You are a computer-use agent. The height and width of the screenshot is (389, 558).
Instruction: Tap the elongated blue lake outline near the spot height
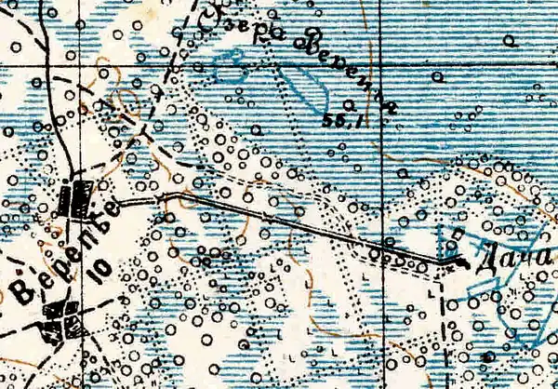pyautogui.click(x=307, y=88)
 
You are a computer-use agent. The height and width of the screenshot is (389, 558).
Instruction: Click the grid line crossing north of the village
pyautogui.click(x=80, y=68)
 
